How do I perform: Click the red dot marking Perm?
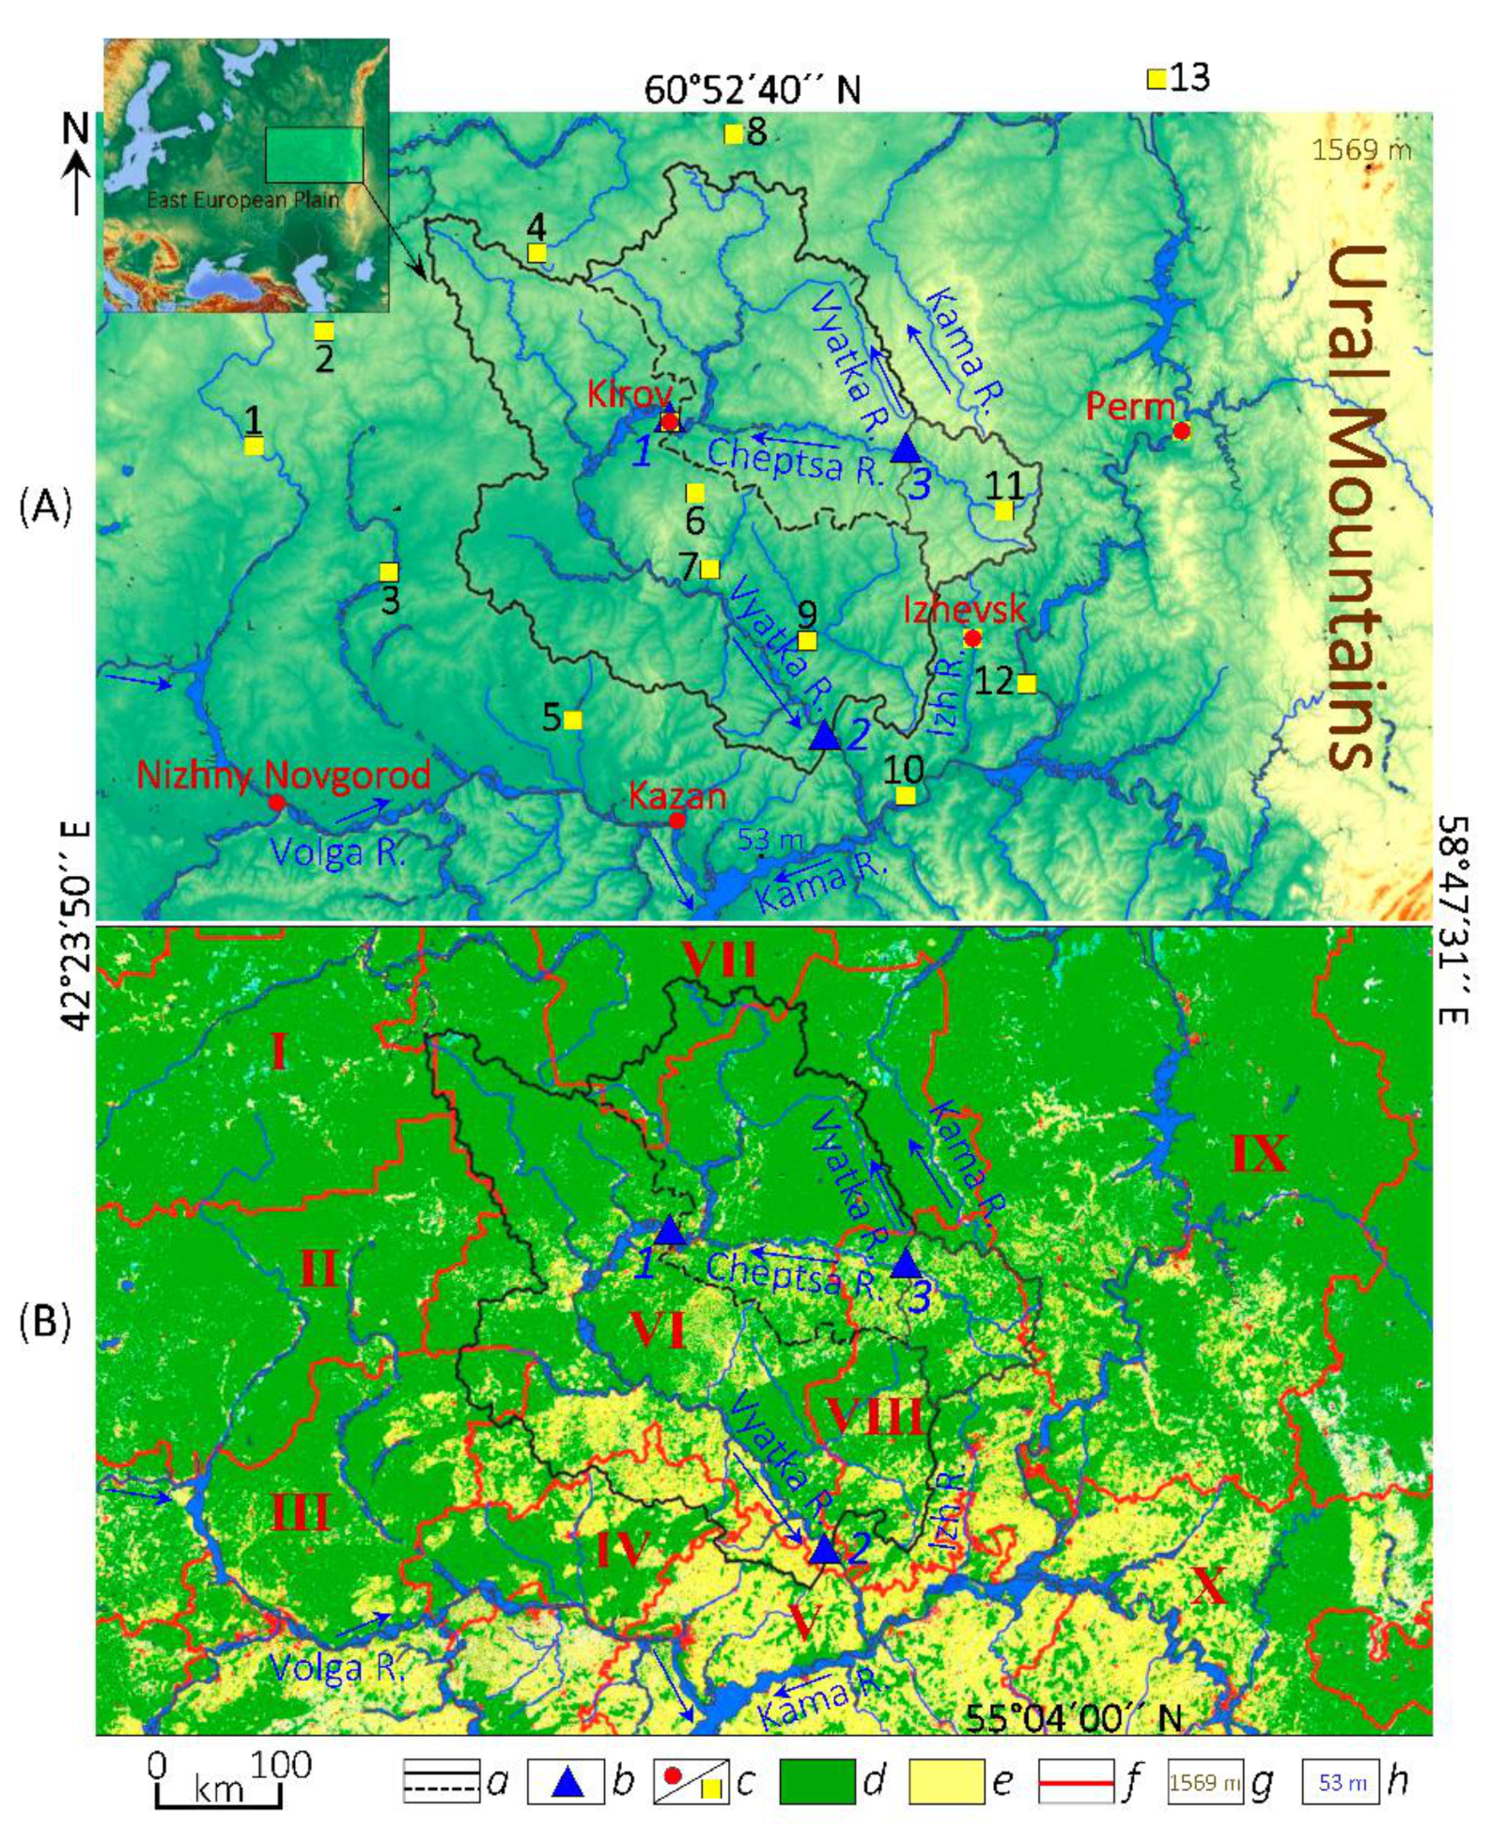(1181, 431)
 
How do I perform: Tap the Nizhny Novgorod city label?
(284, 776)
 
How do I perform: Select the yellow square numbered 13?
(1157, 79)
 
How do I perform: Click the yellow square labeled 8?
(734, 134)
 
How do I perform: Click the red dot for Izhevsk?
(973, 639)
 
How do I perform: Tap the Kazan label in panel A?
(676, 797)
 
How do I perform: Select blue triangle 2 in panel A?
(824, 736)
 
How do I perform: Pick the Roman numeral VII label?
(720, 961)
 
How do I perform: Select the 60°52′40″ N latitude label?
(752, 90)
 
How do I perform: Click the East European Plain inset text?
(242, 199)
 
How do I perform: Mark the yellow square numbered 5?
(572, 721)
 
